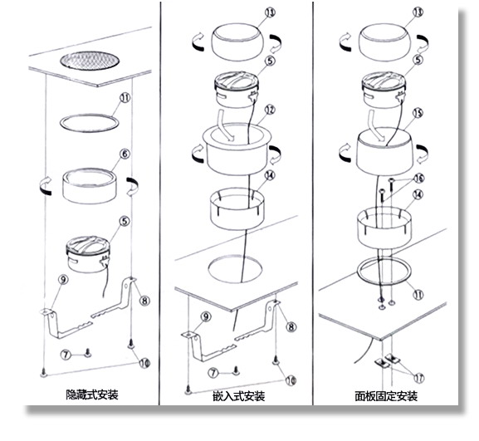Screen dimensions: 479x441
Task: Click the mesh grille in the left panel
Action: coord(90,60)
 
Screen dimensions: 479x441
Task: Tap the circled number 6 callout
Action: coord(125,154)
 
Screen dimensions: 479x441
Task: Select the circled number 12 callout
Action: coord(270,110)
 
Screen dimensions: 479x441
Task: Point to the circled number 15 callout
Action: coord(418,113)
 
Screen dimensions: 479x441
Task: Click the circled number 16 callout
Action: coord(419,178)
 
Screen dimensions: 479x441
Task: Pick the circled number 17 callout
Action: coord(419,378)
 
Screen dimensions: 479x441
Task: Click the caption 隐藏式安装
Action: coord(92,394)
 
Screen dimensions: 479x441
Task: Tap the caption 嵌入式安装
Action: coord(239,396)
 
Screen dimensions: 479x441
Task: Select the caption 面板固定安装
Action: coord(386,396)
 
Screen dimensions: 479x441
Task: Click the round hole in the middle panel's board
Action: coord(235,269)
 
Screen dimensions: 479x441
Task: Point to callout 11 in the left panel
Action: coord(125,98)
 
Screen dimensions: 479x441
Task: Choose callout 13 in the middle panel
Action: coord(270,12)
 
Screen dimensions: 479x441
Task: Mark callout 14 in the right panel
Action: coord(418,194)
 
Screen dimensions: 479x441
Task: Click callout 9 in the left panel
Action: coord(63,280)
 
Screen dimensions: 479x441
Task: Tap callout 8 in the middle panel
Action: coord(291,327)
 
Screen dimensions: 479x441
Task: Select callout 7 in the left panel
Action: coord(65,355)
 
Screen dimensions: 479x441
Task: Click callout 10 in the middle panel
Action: coord(291,381)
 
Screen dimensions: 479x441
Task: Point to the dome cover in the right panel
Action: coord(384,42)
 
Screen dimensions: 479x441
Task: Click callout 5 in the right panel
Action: coord(418,60)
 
